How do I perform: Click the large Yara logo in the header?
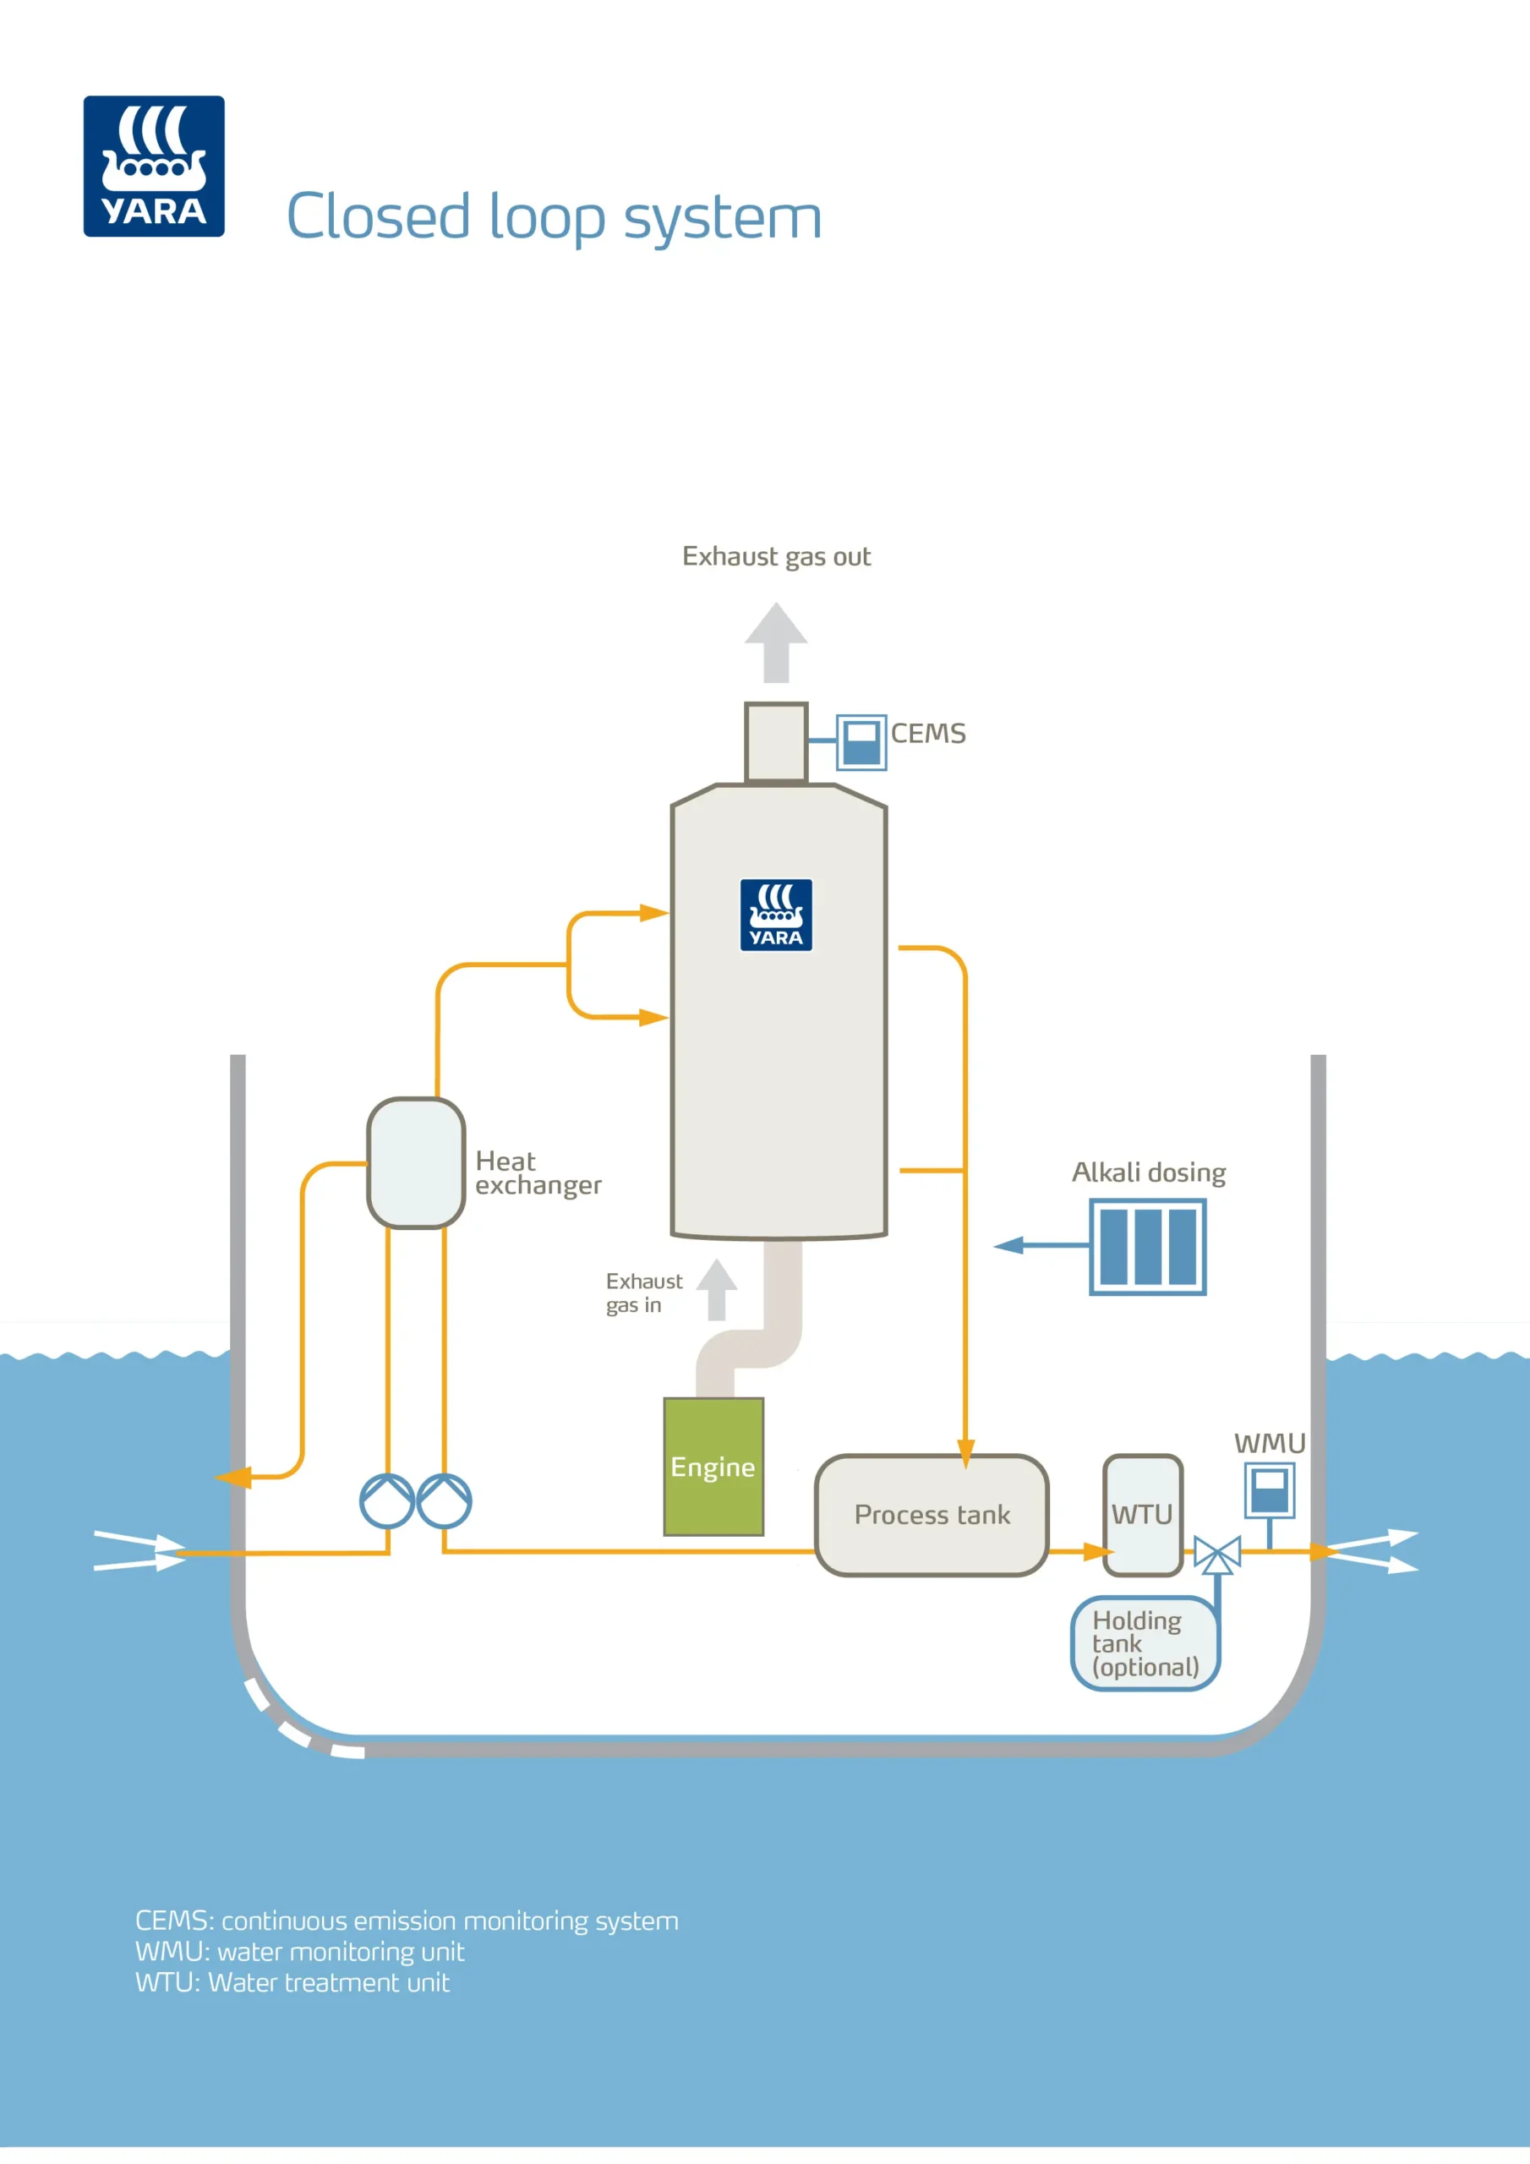pos(154,166)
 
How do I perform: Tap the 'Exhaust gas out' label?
pos(776,556)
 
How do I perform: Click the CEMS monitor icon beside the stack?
pos(861,743)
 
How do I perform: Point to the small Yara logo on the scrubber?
pos(776,915)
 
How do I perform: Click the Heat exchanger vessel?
pos(416,1163)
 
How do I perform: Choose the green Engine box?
pos(713,1467)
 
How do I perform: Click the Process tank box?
pos(932,1515)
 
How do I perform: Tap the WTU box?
pos(1143,1515)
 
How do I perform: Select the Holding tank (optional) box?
pos(1145,1644)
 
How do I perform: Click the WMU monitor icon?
pos(1269,1490)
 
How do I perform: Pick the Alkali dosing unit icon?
pos(1147,1246)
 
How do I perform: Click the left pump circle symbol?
pos(387,1500)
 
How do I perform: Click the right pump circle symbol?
pos(444,1500)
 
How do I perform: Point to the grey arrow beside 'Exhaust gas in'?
pos(717,1289)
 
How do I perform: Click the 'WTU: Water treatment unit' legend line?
pos(292,1983)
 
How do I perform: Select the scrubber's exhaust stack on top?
pos(776,743)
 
